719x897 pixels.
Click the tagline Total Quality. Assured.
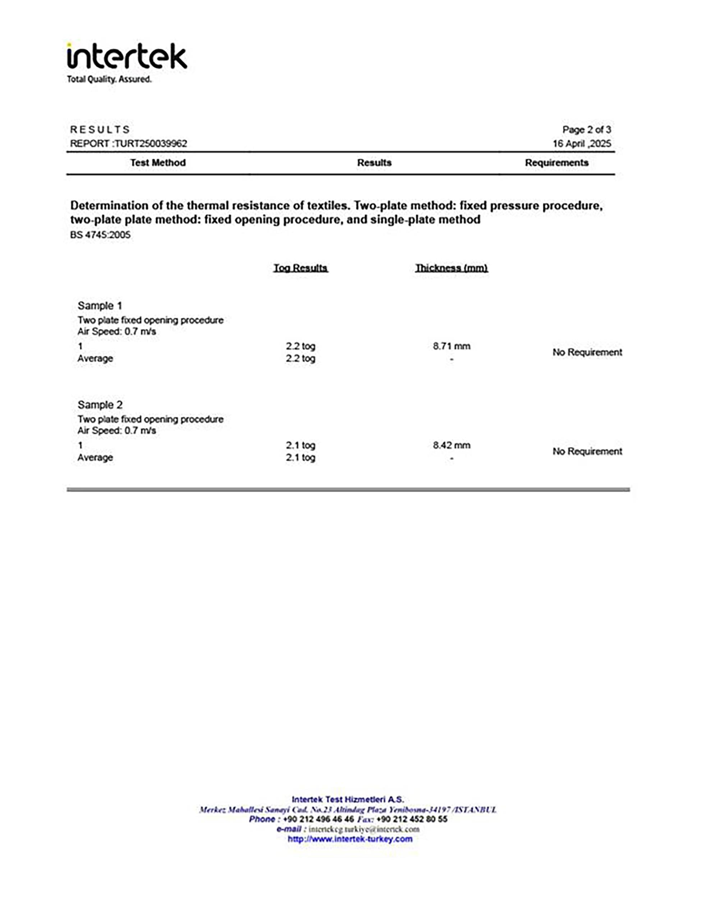pos(109,79)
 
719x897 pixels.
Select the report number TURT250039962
pos(151,143)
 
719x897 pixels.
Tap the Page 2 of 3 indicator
pos(586,130)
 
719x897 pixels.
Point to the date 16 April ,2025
pos(582,143)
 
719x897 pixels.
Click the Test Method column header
pos(158,163)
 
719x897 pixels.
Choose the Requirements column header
pos(556,163)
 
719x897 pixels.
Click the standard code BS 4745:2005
pos(100,235)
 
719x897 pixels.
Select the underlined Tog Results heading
pos(301,267)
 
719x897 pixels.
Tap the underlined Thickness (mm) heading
pos(452,267)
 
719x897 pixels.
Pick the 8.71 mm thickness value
pos(452,346)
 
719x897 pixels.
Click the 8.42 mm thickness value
pos(452,445)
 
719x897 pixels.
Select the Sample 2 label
pos(100,404)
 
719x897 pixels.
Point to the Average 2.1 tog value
pos(301,457)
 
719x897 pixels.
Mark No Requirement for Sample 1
pos(587,352)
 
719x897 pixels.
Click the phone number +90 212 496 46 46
pos(318,819)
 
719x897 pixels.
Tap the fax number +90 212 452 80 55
pos(412,819)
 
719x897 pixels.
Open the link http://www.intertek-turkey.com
pos(350,839)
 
